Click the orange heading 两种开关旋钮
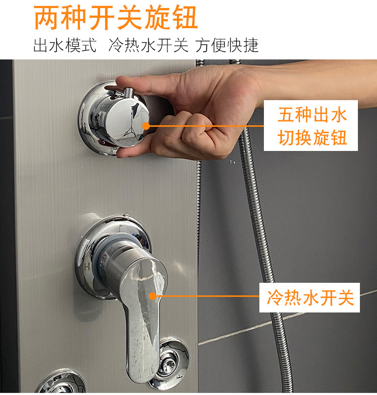coord(116,18)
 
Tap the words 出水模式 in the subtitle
coord(65,45)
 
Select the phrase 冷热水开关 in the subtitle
coord(148,45)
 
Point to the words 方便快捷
coord(227,45)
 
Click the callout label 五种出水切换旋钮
coord(311,126)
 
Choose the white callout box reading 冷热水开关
coord(310,297)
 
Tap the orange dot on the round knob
coord(146,126)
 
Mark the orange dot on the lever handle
coord(152,296)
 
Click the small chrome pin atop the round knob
coord(129,93)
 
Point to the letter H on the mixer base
coord(87,266)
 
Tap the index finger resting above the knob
coord(148,83)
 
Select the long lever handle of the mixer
coord(142,315)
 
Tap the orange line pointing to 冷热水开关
coord(208,296)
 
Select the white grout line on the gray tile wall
coord(288,318)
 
